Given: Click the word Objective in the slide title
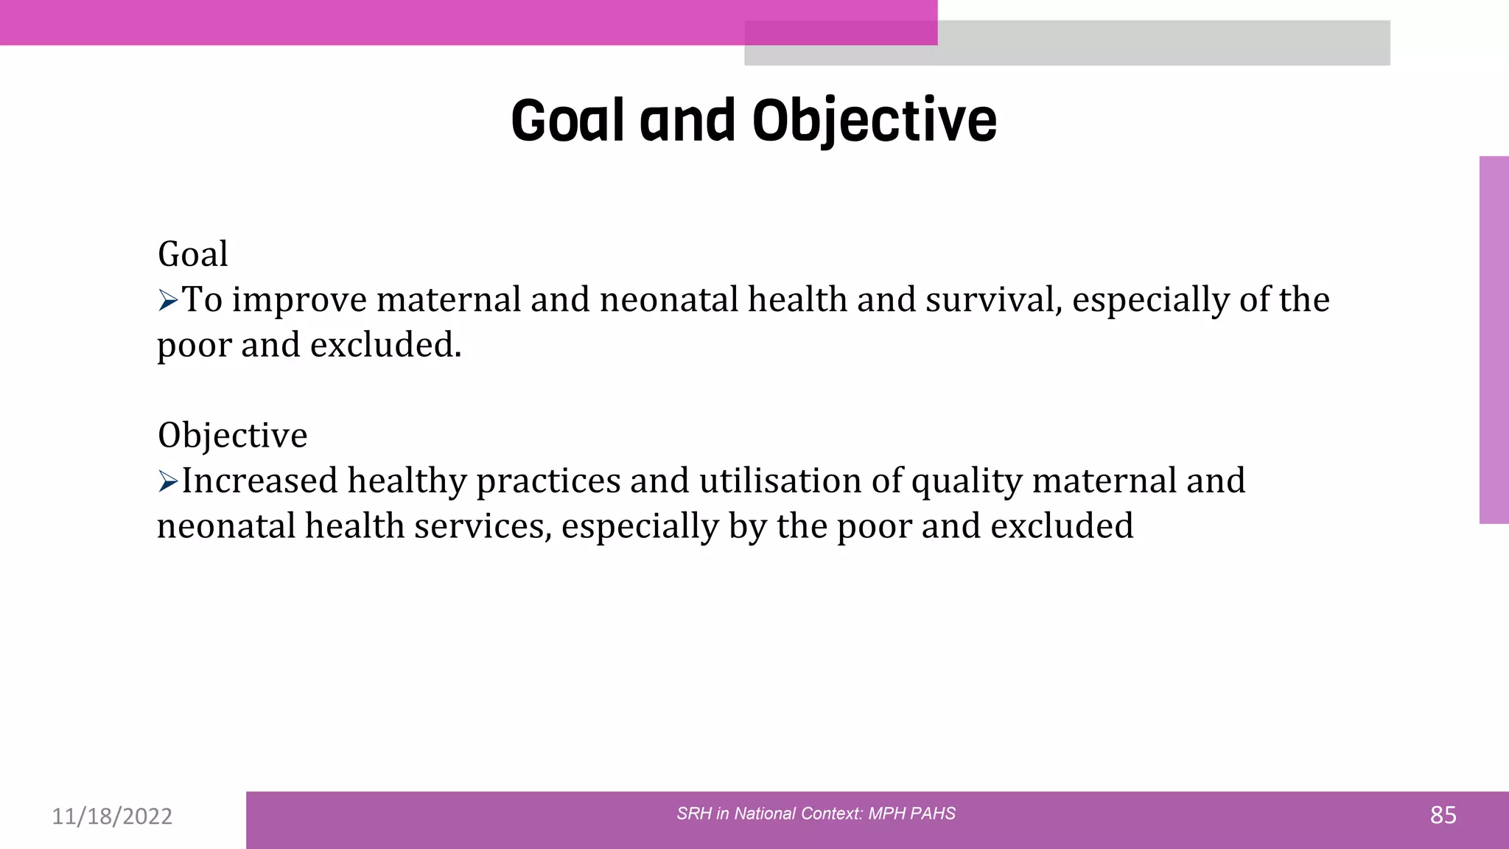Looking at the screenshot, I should pyautogui.click(x=874, y=121).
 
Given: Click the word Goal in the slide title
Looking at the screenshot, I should pyautogui.click(x=568, y=121).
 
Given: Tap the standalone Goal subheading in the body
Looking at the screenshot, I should pyautogui.click(x=193, y=254).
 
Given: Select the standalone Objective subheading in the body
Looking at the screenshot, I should pyautogui.click(x=232, y=435).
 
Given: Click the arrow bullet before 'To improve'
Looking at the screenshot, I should pyautogui.click(x=168, y=300).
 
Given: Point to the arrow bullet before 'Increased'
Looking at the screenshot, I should pyautogui.click(x=168, y=482).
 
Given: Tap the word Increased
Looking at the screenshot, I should pyautogui.click(x=259, y=481).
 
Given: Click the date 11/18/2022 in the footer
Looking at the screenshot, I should pyautogui.click(x=112, y=816).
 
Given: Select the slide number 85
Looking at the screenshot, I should pyautogui.click(x=1443, y=815).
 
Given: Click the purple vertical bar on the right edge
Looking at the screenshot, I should pyautogui.click(x=1494, y=339).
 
